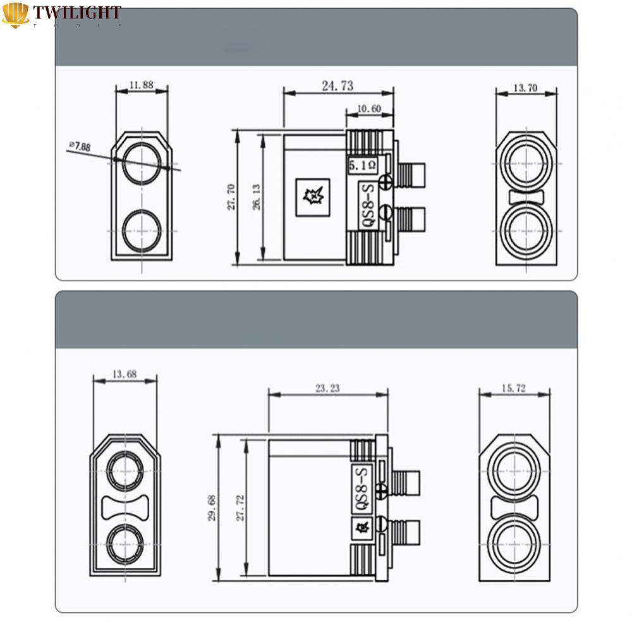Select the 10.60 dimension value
tap(368, 109)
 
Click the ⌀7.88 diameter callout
tap(80, 147)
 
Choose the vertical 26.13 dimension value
tap(256, 196)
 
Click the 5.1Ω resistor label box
tap(363, 166)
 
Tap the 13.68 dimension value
tap(125, 374)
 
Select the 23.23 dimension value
tap(327, 389)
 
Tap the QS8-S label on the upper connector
tap(366, 207)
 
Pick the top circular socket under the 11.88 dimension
tap(141, 162)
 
